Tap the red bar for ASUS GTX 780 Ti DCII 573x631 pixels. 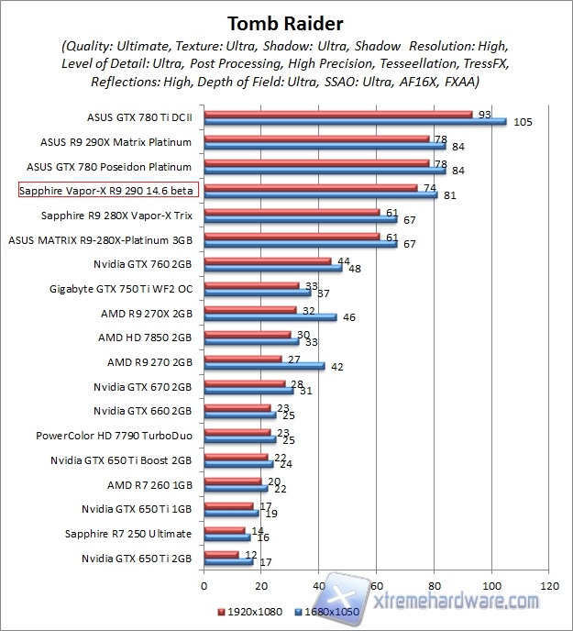pyautogui.click(x=337, y=114)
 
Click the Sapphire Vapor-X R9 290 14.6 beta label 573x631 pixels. pyautogui.click(x=111, y=191)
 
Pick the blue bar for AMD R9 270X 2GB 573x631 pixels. pyautogui.click(x=270, y=317)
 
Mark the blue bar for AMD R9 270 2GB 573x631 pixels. pyautogui.click(x=264, y=366)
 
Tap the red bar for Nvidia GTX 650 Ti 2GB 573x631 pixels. pyautogui.click(x=220, y=554)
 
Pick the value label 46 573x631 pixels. pyautogui.click(x=349, y=317)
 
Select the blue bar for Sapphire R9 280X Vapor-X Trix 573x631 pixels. pyautogui.click(x=300, y=219)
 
